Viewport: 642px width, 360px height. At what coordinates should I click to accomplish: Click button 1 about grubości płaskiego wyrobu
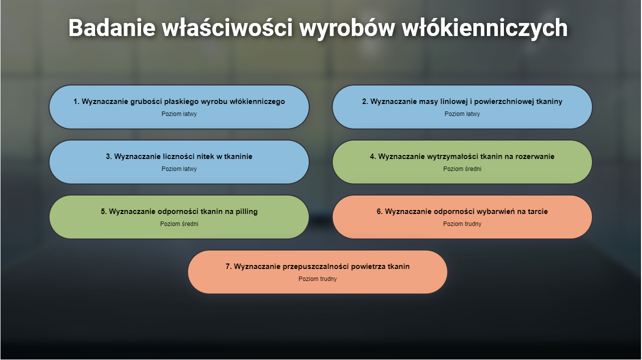click(x=179, y=107)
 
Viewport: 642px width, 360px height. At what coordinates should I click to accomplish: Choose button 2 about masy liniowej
click(x=462, y=107)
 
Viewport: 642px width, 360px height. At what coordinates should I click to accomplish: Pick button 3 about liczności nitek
click(x=179, y=162)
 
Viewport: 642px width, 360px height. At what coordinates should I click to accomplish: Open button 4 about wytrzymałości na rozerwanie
click(x=462, y=162)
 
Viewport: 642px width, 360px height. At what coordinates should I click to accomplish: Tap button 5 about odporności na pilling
click(x=179, y=217)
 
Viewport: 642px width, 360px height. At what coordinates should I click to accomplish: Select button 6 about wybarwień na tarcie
click(x=462, y=217)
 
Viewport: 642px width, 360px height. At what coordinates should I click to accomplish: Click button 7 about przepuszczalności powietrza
click(x=317, y=272)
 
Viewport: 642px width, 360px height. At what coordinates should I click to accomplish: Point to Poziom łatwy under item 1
click(x=179, y=114)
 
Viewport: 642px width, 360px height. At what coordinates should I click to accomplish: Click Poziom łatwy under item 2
click(x=462, y=114)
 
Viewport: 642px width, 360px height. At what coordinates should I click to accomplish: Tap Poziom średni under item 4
click(x=462, y=169)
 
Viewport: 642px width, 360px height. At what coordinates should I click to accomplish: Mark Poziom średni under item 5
click(x=179, y=224)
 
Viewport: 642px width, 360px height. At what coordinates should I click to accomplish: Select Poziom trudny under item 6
click(x=462, y=224)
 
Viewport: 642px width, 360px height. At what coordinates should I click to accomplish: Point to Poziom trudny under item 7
click(x=317, y=279)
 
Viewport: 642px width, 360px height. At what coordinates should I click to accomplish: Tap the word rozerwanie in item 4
click(x=534, y=156)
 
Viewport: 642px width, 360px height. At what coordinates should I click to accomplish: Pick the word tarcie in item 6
click(x=536, y=211)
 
